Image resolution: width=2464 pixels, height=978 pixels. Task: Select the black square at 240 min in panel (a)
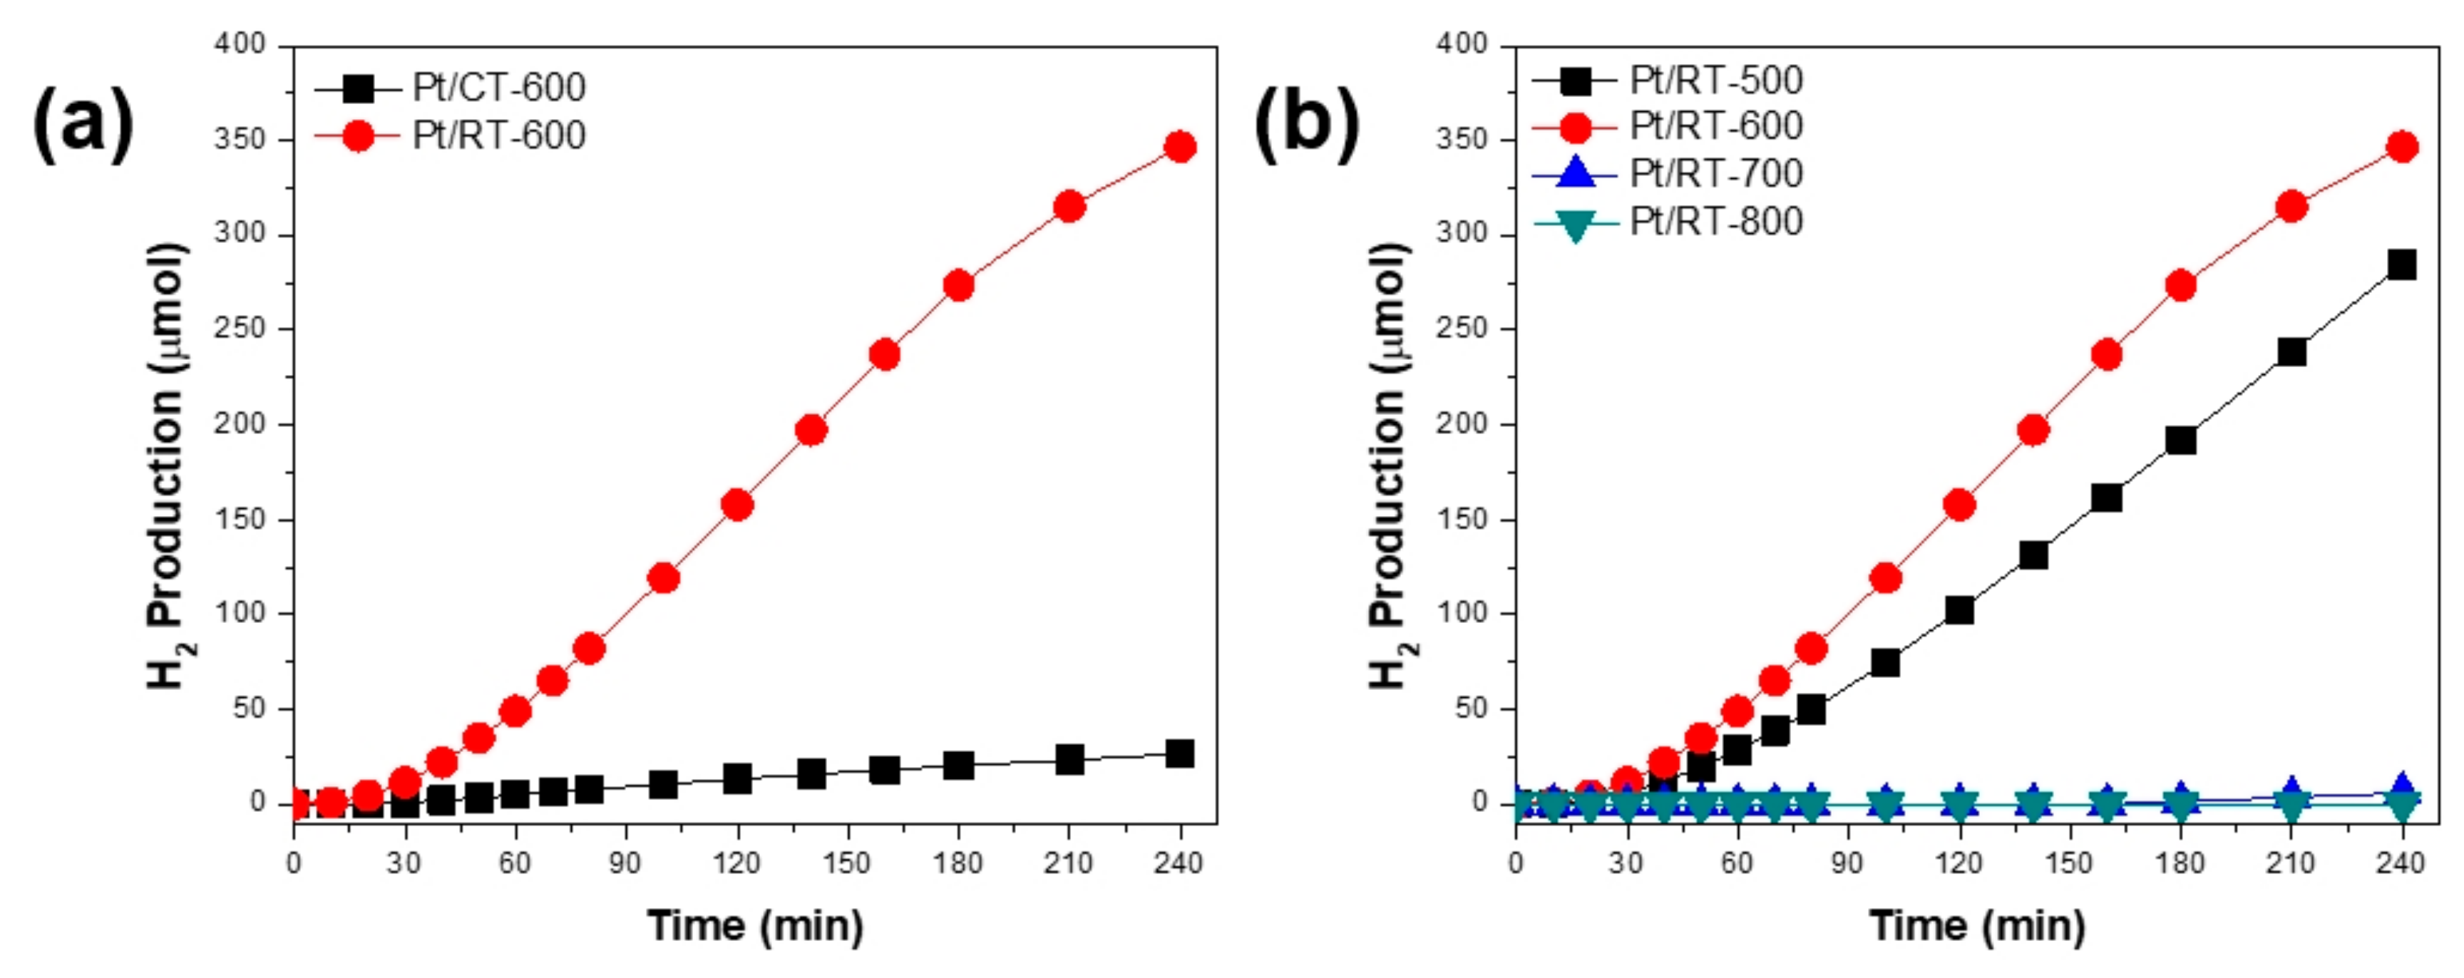(1179, 753)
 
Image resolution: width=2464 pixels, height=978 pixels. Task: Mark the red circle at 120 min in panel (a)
(736, 505)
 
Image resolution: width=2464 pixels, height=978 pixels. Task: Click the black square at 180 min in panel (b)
(2181, 440)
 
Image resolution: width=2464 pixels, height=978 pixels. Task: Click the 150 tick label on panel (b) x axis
(2069, 863)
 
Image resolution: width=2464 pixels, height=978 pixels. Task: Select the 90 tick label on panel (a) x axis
(625, 863)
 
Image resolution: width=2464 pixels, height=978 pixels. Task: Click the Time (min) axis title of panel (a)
(756, 925)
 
